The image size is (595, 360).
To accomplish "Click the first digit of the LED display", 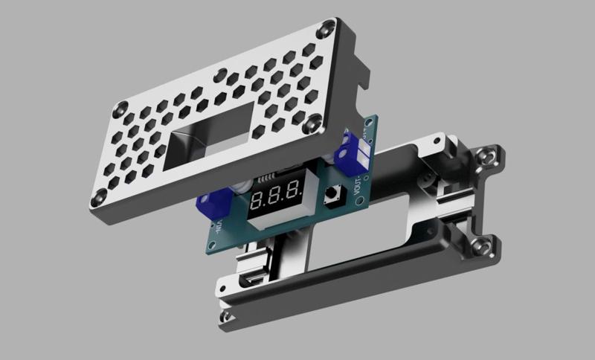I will [x=258, y=200].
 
